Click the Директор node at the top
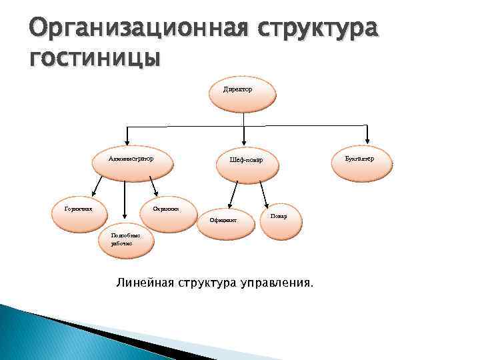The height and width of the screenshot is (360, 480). click(x=242, y=95)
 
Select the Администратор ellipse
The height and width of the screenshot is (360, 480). click(x=132, y=161)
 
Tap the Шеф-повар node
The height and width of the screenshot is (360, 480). click(x=246, y=162)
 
